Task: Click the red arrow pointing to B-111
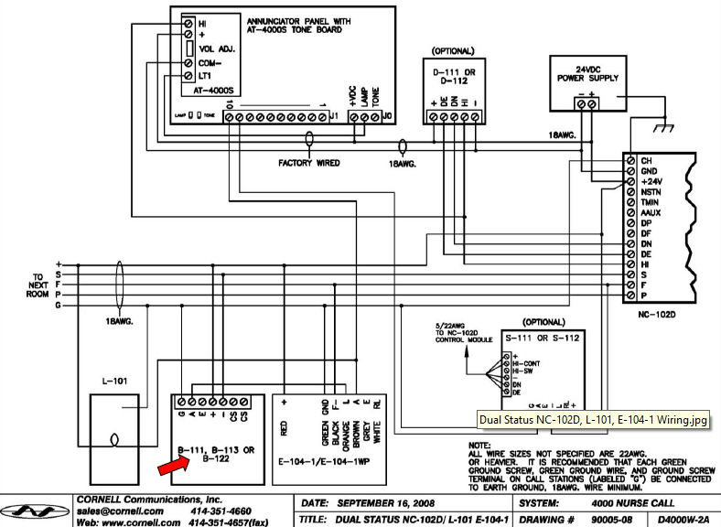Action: point(171,468)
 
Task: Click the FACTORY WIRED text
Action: point(309,163)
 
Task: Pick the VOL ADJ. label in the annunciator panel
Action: point(216,49)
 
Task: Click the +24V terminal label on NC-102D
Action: point(651,182)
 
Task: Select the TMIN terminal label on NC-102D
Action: point(651,201)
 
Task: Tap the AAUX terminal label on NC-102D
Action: point(651,211)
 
